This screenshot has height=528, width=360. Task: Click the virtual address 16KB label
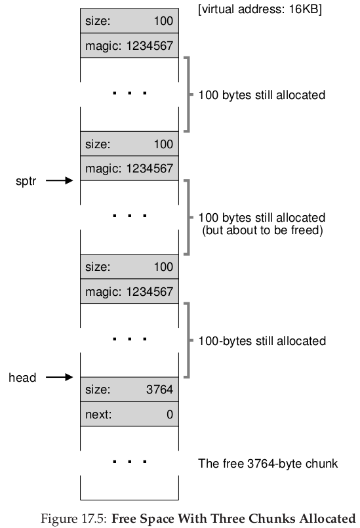coord(260,9)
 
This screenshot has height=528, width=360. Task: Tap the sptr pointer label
coord(26,181)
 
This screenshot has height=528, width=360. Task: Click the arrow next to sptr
coord(59,180)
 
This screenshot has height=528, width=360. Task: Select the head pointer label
coord(22,378)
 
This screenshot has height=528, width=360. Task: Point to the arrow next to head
coord(59,376)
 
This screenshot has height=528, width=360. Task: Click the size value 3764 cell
coord(129,390)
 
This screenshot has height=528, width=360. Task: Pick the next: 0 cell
coord(129,414)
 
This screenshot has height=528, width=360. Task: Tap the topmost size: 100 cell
coord(129,21)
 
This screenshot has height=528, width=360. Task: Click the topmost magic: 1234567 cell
coord(129,45)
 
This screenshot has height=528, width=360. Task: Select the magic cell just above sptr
coord(129,169)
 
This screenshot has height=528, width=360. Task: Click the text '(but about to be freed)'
coord(262,230)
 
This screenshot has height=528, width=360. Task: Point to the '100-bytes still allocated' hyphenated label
coord(262,341)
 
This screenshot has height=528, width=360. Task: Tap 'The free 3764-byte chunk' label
coord(268,464)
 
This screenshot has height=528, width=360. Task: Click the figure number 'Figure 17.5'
coord(73,519)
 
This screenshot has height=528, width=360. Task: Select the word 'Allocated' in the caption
coord(327,518)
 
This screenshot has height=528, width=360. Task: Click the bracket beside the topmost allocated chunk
coord(189,94)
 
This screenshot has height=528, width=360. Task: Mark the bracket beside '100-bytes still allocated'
coord(189,340)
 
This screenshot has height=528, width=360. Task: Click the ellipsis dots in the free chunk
coord(130,462)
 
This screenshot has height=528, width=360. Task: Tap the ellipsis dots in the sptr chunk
coord(130,216)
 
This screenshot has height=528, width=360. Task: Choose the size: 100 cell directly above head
coord(129,267)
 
